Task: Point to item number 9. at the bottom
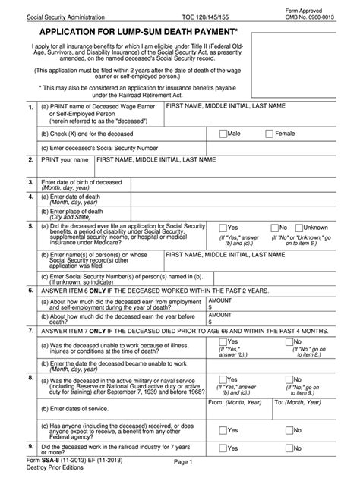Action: click(29, 448)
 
